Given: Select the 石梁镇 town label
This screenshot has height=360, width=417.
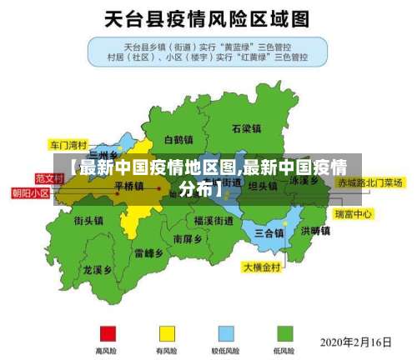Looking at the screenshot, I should click(246, 129).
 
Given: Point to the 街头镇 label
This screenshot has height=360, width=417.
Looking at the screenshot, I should click(88, 221).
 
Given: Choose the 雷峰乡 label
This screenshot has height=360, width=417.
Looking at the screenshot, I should click(148, 252).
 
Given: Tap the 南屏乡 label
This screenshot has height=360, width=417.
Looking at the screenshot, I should click(187, 239).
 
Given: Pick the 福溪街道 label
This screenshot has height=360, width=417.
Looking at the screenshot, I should click(214, 221).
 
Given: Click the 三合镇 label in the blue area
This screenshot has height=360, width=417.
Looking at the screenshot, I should click(269, 232).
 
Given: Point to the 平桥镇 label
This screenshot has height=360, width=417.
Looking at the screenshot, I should click(128, 187).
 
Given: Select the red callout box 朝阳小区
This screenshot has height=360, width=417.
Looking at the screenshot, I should click(30, 192).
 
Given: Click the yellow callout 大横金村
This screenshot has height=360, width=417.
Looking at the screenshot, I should click(263, 267).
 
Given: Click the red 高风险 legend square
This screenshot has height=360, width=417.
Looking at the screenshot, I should click(106, 332).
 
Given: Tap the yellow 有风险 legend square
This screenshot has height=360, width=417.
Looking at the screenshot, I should click(167, 332).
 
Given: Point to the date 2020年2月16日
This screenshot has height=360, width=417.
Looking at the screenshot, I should click(355, 342).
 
